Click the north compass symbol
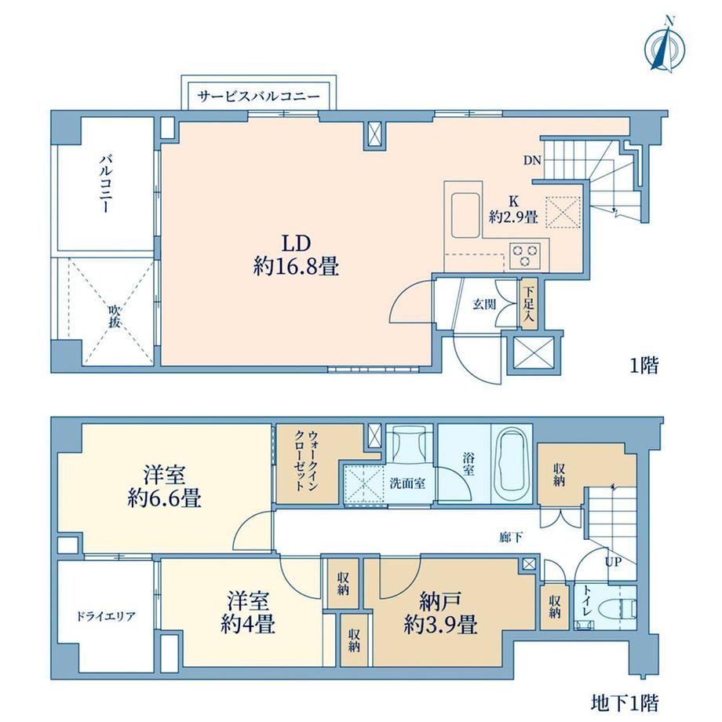pos(664,49)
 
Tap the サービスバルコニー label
pos(258,97)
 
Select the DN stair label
pos(532,161)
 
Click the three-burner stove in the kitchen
pos(525,255)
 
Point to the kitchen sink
pos(466,216)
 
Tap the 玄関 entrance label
pos(484,304)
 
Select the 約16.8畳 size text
pos(296,267)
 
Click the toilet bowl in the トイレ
pos(625,609)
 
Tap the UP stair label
pos(614,562)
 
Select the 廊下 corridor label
pos(511,537)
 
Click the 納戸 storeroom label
pos(439,602)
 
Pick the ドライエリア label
pos(105,616)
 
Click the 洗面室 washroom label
pos(407,483)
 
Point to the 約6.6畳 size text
pos(164,498)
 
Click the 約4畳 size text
pos(248,625)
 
